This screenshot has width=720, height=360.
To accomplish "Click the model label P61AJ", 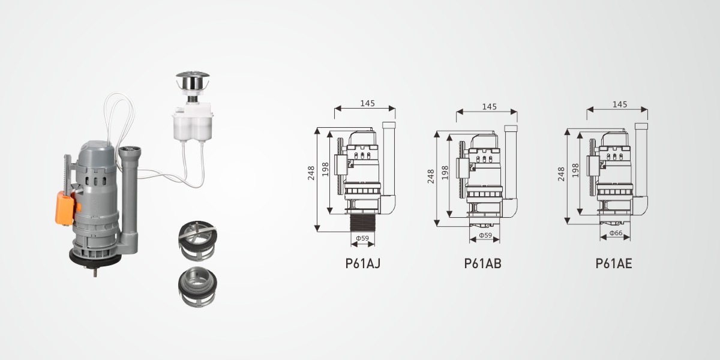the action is (362, 263).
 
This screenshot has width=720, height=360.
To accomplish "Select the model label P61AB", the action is (482, 263).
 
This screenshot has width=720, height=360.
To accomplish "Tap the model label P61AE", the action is (614, 263).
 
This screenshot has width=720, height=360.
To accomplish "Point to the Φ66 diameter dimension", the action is (616, 233).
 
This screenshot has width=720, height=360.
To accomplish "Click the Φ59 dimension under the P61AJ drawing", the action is (362, 238).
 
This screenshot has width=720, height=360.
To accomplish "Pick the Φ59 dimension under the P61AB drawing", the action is (485, 235).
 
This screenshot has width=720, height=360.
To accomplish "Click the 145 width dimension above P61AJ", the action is (367, 103).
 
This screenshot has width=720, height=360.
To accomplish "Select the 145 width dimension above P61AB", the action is (489, 106).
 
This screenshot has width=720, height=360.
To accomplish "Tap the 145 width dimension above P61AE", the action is (620, 104).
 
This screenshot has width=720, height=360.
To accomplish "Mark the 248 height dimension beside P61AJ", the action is (311, 173).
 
